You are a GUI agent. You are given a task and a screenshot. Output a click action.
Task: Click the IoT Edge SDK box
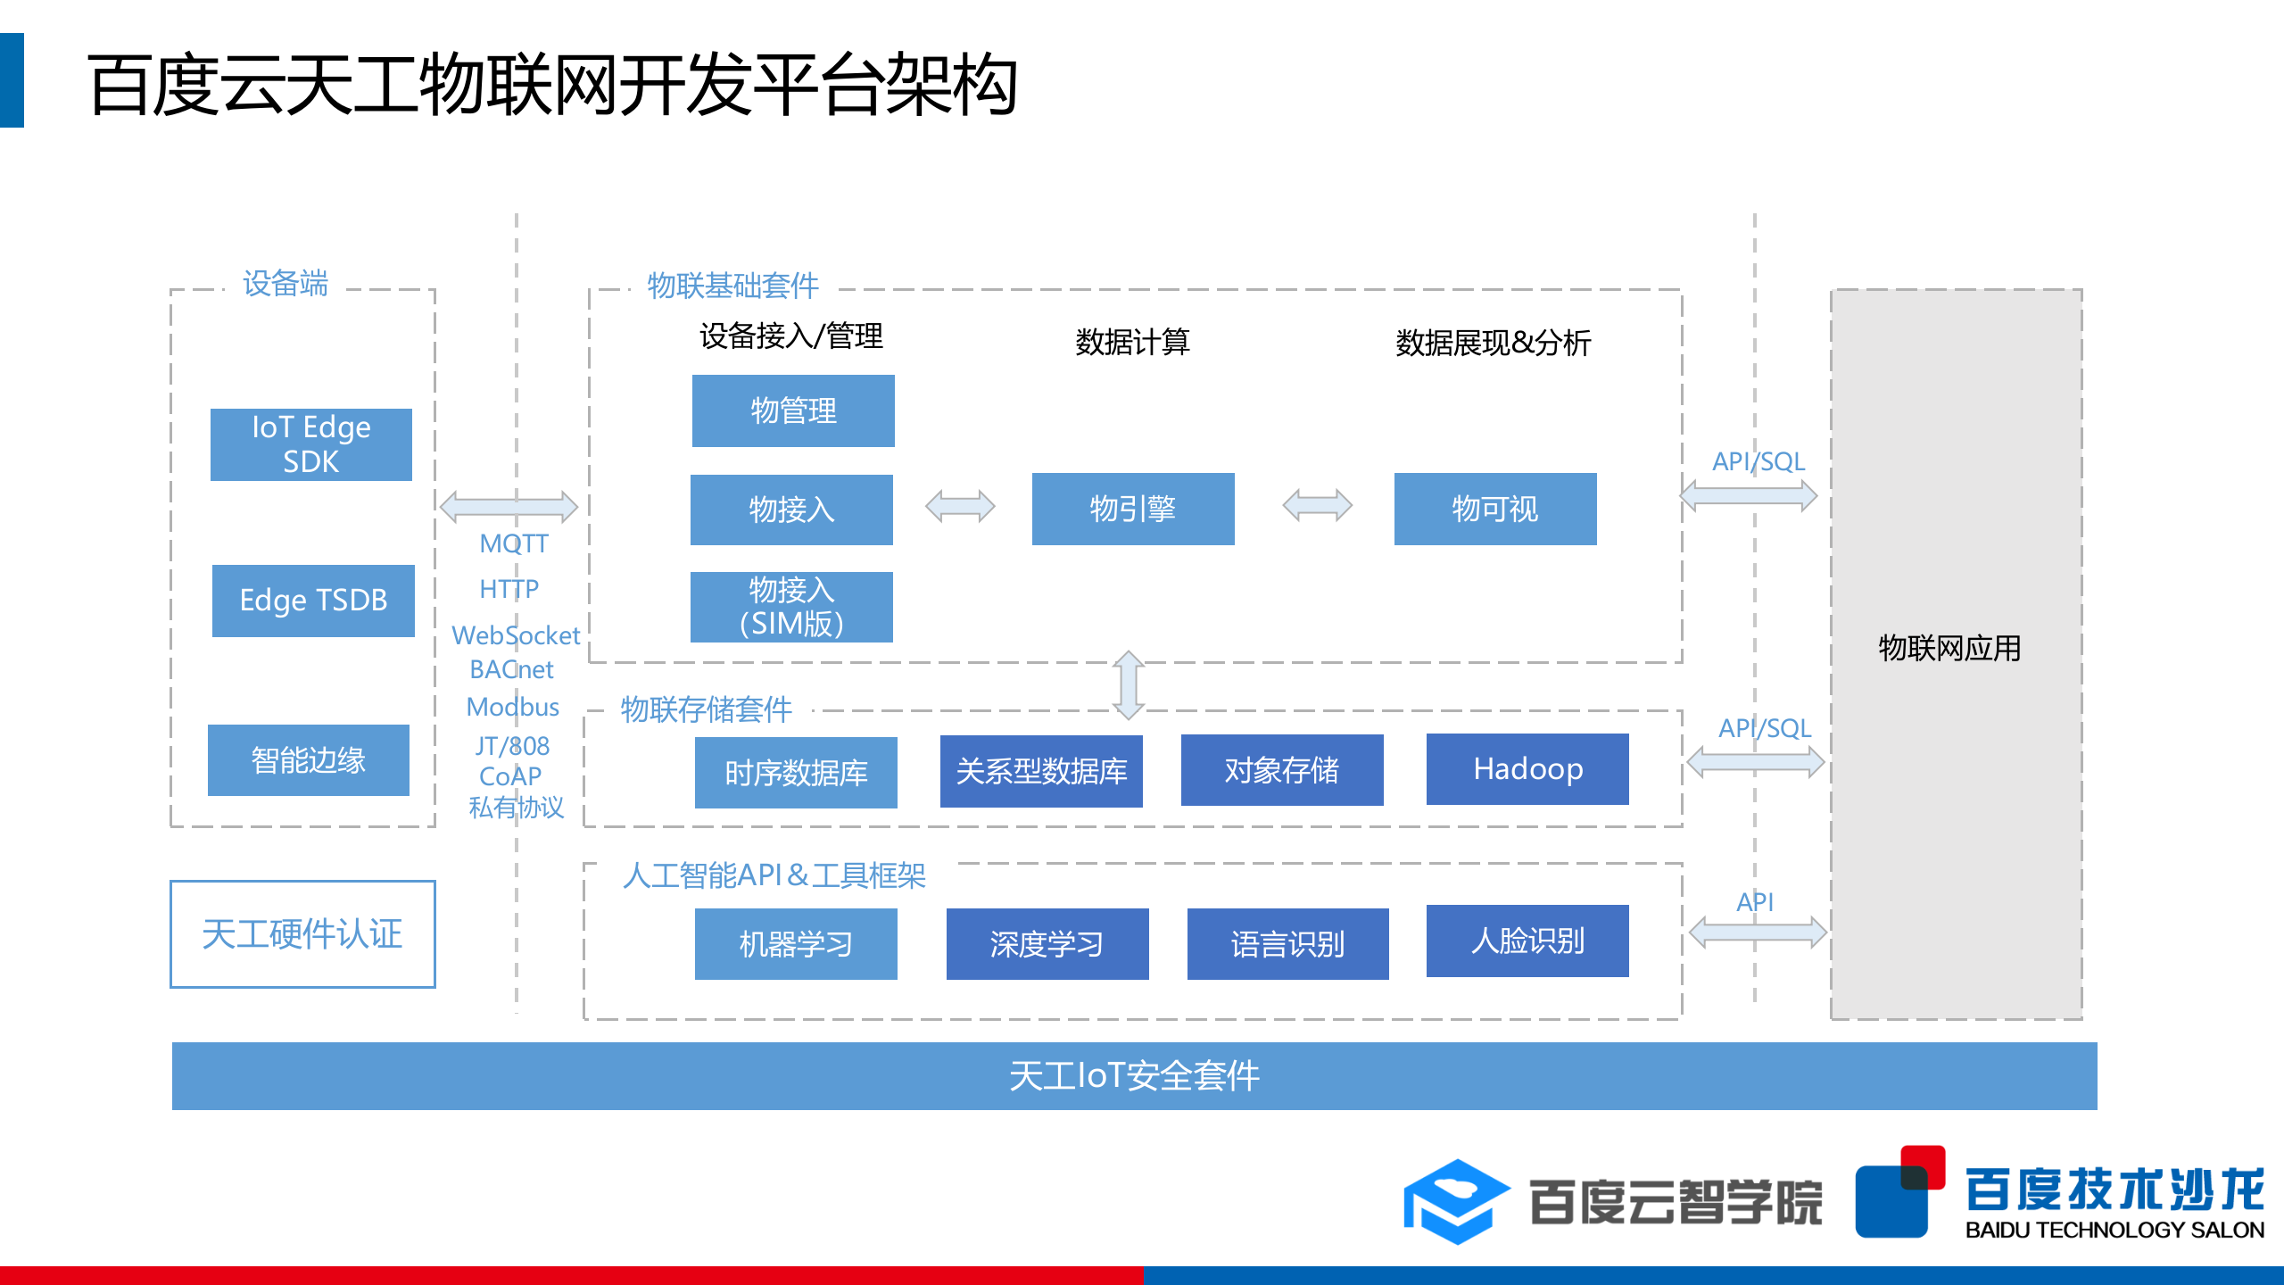(310, 444)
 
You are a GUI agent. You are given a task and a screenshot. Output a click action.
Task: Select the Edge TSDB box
(313, 600)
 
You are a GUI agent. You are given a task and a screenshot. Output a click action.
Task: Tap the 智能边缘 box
(309, 759)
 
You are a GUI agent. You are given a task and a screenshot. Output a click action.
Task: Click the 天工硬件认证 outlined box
(302, 933)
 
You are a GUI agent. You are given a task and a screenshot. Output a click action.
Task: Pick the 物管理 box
(793, 410)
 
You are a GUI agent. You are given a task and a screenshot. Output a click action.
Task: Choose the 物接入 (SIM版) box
(791, 607)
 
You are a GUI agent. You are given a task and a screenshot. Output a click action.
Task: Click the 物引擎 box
(1133, 509)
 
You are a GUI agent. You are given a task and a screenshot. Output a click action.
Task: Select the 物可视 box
(1495, 509)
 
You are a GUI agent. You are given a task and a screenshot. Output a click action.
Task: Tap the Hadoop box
(1527, 768)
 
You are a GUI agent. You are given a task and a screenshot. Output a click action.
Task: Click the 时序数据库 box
(796, 772)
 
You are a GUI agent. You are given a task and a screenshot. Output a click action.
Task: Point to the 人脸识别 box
(1527, 941)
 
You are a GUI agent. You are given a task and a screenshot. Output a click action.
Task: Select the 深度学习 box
(1047, 943)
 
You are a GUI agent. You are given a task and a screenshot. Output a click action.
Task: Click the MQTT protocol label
(514, 543)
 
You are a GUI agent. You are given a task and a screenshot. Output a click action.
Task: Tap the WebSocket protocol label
(516, 635)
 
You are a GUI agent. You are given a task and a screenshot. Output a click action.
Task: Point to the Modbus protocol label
(513, 707)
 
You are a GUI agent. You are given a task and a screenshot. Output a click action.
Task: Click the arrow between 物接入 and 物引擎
(960, 506)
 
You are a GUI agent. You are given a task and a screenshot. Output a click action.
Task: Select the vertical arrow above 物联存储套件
(1129, 685)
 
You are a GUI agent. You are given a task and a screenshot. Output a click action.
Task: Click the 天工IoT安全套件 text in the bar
(1134, 1075)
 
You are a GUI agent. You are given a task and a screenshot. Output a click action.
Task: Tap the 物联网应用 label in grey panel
(1949, 648)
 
